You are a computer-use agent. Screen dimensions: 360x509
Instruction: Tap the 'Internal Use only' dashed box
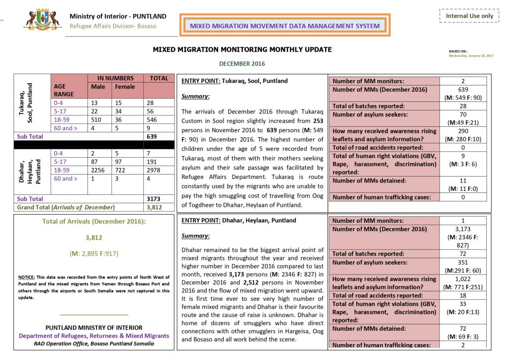[x=469, y=16]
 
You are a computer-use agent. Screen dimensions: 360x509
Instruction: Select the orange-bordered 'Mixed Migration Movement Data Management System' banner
[x=285, y=25]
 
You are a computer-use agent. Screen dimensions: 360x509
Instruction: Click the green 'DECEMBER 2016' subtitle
[x=242, y=64]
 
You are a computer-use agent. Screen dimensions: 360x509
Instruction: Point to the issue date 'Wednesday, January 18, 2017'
[x=471, y=56]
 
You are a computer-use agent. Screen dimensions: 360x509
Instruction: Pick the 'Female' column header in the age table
[x=125, y=87]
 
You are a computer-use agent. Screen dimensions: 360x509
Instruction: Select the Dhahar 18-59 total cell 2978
[x=154, y=170]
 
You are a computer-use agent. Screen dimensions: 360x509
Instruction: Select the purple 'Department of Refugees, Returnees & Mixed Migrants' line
[x=94, y=336]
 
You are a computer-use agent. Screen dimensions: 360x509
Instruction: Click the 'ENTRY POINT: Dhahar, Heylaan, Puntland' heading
[x=239, y=220]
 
